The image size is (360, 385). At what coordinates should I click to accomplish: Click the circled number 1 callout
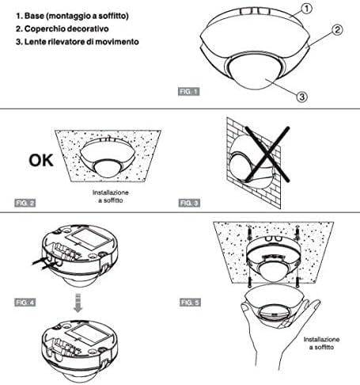306,9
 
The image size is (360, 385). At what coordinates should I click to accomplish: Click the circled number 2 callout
337,29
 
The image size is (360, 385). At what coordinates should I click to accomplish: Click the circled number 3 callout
301,97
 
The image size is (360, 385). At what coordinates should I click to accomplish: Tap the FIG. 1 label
188,92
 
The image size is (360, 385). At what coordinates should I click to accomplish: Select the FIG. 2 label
25,203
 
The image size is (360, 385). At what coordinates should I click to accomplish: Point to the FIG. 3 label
189,203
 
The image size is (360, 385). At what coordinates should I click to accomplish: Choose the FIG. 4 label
25,302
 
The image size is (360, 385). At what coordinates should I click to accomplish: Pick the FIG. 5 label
190,302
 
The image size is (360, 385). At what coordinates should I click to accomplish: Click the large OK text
41,160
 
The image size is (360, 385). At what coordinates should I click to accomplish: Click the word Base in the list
34,16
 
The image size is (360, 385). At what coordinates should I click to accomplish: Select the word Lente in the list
35,42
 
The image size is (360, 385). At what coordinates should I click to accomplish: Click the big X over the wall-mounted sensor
267,154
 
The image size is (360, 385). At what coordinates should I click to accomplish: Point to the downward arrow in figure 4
78,303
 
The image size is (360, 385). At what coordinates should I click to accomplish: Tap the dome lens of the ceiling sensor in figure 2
108,169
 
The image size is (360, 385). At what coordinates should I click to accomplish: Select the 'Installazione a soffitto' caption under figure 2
111,196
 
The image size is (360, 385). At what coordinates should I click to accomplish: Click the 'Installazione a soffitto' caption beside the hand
321,343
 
